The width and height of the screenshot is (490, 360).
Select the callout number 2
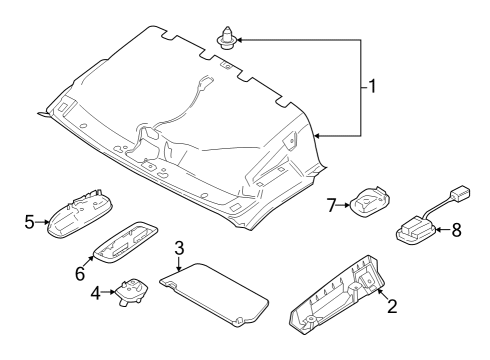392,306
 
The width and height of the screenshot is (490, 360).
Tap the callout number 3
179,248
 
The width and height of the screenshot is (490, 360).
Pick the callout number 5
30,222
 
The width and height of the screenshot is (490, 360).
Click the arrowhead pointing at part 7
347,206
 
